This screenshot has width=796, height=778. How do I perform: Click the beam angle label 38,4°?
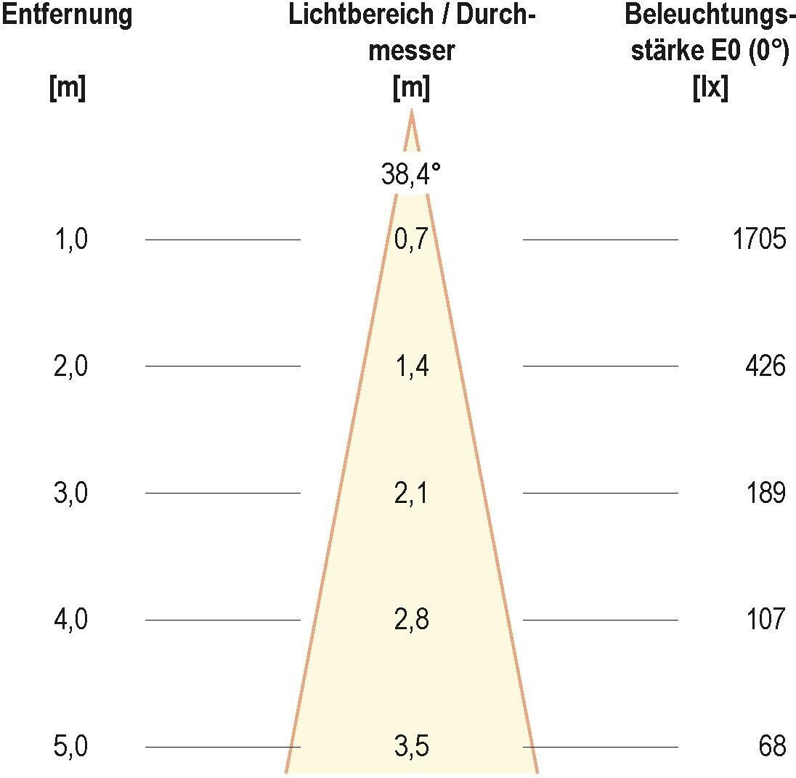[x=411, y=175]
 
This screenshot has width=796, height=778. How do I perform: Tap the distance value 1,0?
[x=71, y=239]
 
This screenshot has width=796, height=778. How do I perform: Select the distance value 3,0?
[x=71, y=494]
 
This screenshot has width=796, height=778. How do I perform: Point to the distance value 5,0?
[x=71, y=747]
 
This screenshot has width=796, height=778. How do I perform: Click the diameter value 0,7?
[x=411, y=239]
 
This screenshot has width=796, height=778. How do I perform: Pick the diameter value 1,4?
[x=411, y=367]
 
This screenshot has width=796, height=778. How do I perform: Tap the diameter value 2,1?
[x=411, y=494]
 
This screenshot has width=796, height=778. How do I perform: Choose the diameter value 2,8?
[x=411, y=620]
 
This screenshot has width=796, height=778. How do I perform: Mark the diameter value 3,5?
[x=411, y=747]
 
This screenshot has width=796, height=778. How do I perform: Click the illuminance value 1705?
[x=759, y=239]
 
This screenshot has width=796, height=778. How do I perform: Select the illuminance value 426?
[x=765, y=367]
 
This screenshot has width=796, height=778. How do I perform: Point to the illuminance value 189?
[x=765, y=494]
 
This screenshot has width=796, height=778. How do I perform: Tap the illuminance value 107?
[x=765, y=620]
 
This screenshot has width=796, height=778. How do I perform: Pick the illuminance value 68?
[x=772, y=747]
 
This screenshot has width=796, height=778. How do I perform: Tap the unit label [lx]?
[x=710, y=89]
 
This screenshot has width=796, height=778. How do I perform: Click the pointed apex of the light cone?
[x=412, y=112]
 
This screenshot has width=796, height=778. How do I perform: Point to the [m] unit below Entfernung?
[x=67, y=89]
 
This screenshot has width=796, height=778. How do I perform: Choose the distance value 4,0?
[x=71, y=620]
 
